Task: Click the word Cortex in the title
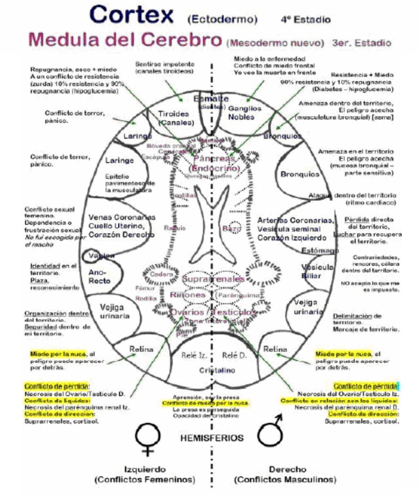click(x=131, y=15)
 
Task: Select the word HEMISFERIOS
click(x=212, y=438)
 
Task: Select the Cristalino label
click(x=217, y=370)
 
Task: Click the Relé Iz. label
click(x=194, y=355)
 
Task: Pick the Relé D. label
click(x=234, y=355)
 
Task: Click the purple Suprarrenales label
click(x=213, y=279)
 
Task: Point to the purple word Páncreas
click(x=214, y=158)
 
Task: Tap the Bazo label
click(x=232, y=229)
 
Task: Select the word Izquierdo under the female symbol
click(x=145, y=469)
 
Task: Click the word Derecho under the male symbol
click(x=287, y=469)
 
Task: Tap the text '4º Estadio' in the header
click(x=305, y=19)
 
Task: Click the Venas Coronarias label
click(x=122, y=217)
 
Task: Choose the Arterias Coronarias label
click(x=295, y=220)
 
